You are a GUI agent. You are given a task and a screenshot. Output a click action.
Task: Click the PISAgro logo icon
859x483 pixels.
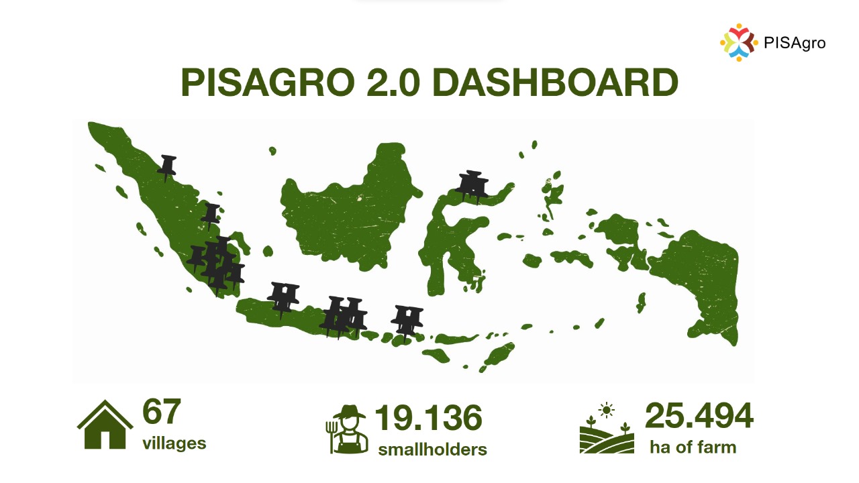pyautogui.click(x=739, y=42)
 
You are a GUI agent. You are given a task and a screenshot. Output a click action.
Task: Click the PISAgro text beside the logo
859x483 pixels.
pyautogui.click(x=795, y=43)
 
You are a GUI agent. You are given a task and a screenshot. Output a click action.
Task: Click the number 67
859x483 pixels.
pyautogui.click(x=162, y=412)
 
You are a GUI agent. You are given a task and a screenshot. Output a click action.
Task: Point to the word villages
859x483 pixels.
pyautogui.click(x=174, y=443)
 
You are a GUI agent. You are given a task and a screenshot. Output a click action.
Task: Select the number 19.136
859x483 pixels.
pyautogui.click(x=427, y=418)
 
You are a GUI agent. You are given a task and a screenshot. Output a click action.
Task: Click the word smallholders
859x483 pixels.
pyautogui.click(x=432, y=449)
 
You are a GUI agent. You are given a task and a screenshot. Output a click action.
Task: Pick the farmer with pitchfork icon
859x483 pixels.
pyautogui.click(x=347, y=429)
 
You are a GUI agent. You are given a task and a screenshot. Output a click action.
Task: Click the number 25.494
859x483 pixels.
pyautogui.click(x=699, y=416)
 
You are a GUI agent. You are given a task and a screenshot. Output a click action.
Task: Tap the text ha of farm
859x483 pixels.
pyautogui.click(x=693, y=447)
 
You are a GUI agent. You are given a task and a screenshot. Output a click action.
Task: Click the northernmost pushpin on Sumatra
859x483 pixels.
pyautogui.click(x=167, y=167)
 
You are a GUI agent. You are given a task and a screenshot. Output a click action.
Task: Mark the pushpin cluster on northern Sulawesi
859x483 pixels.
pyautogui.click(x=472, y=184)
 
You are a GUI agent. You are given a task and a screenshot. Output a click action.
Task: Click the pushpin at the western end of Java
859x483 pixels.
pyautogui.click(x=283, y=297)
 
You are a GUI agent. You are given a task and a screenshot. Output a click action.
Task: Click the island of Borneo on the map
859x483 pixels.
pyautogui.click(x=349, y=208)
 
